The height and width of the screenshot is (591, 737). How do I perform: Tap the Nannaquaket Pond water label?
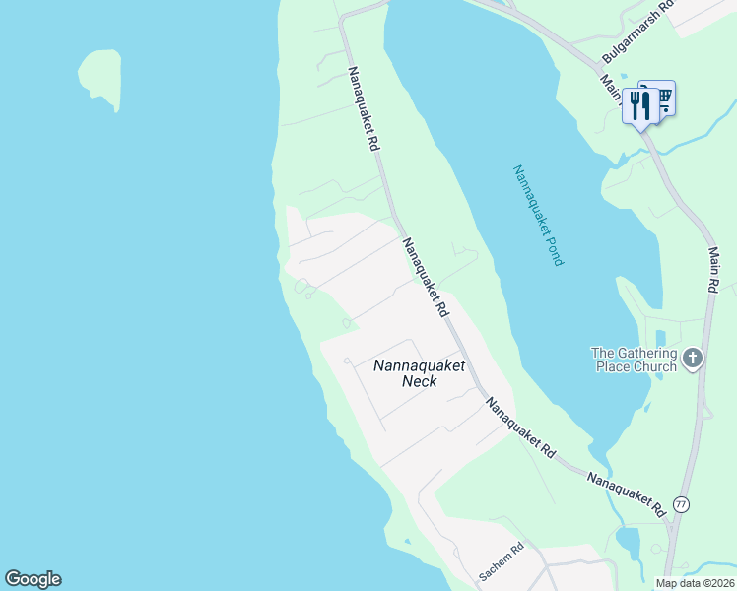pos(538,216)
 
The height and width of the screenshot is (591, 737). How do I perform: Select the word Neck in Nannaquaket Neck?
pos(419,381)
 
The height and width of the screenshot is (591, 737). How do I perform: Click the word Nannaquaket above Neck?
pos(419,365)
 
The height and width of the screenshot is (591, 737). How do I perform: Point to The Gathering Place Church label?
pos(634,360)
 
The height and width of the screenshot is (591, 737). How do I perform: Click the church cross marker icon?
pos(694,358)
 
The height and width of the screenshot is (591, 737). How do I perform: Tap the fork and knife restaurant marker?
pos(641,106)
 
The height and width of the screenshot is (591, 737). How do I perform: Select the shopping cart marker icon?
pos(663,96)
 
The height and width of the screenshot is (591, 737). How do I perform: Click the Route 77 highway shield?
pos(681,504)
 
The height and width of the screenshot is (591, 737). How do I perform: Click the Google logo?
pos(33,579)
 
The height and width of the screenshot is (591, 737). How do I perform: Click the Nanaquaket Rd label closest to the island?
pos(362,108)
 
